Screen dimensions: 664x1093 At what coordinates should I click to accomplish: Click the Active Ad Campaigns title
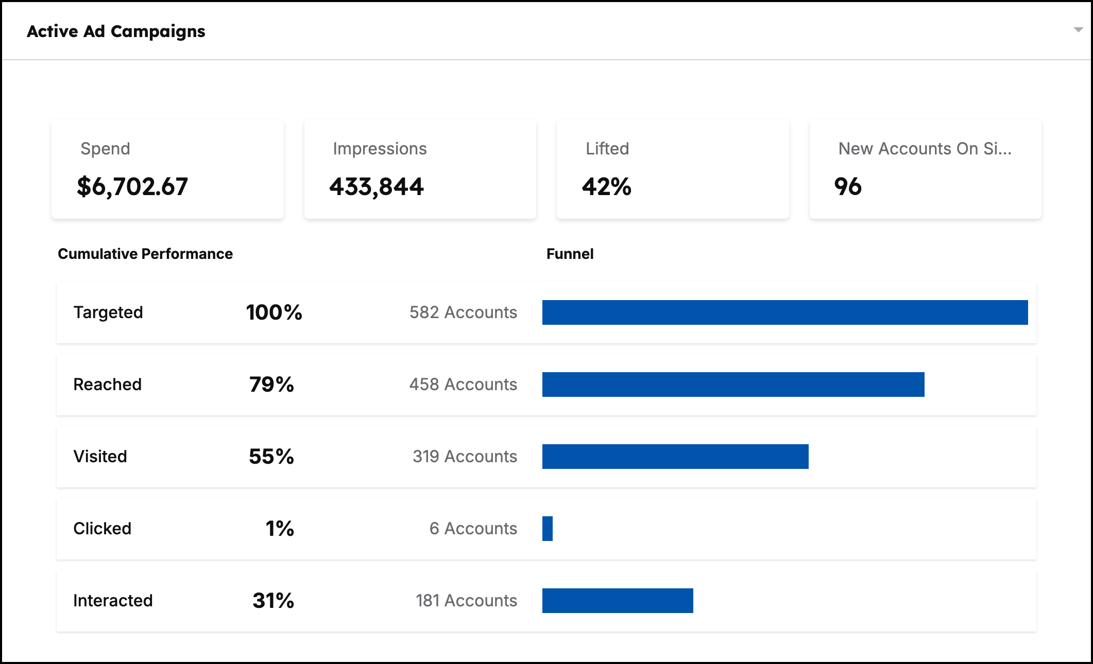click(x=116, y=31)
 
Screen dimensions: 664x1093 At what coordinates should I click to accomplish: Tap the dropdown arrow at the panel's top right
click(x=1078, y=30)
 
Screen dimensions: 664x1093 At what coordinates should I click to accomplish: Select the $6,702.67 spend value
click(x=132, y=186)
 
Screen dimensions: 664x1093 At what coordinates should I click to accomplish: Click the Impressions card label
click(x=380, y=149)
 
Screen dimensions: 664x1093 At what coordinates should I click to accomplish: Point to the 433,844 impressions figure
click(x=377, y=186)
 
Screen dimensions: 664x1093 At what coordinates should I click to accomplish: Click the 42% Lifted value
click(x=606, y=186)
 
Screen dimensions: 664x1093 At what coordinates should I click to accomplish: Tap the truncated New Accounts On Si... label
click(x=925, y=149)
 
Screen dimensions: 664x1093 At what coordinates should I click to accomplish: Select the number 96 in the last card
click(x=848, y=186)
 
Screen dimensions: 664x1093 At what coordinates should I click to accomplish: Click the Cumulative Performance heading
click(x=145, y=254)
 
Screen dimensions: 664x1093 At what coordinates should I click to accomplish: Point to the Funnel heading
click(x=570, y=254)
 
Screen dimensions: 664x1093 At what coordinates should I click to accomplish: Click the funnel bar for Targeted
click(x=785, y=312)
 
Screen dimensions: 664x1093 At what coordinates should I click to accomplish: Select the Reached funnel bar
click(x=733, y=385)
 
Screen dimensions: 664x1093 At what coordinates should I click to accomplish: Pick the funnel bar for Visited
click(x=675, y=457)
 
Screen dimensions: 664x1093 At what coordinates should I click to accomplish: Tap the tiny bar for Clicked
click(x=548, y=529)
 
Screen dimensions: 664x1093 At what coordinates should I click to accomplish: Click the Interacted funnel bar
click(x=618, y=601)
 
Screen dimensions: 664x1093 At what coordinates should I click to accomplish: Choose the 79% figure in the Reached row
click(x=271, y=385)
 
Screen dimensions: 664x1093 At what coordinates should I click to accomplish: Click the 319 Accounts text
click(x=465, y=457)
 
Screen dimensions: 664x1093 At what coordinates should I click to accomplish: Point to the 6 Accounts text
click(x=473, y=529)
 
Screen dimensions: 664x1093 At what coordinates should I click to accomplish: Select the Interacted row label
click(x=113, y=601)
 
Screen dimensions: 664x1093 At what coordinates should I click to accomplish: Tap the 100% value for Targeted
click(x=274, y=312)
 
